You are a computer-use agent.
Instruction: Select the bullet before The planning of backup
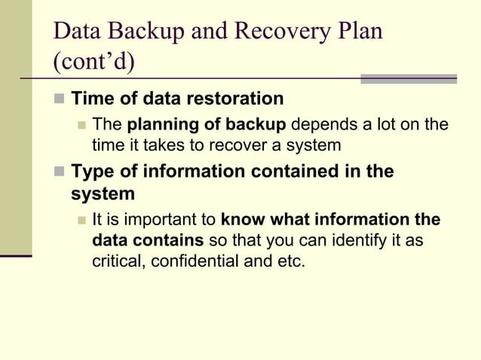pyautogui.click(x=81, y=124)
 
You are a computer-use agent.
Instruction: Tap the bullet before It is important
pyautogui.click(x=81, y=221)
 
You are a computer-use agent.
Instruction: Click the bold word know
pyautogui.click(x=243, y=221)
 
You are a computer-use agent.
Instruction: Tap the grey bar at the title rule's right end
pyautogui.click(x=408, y=78)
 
